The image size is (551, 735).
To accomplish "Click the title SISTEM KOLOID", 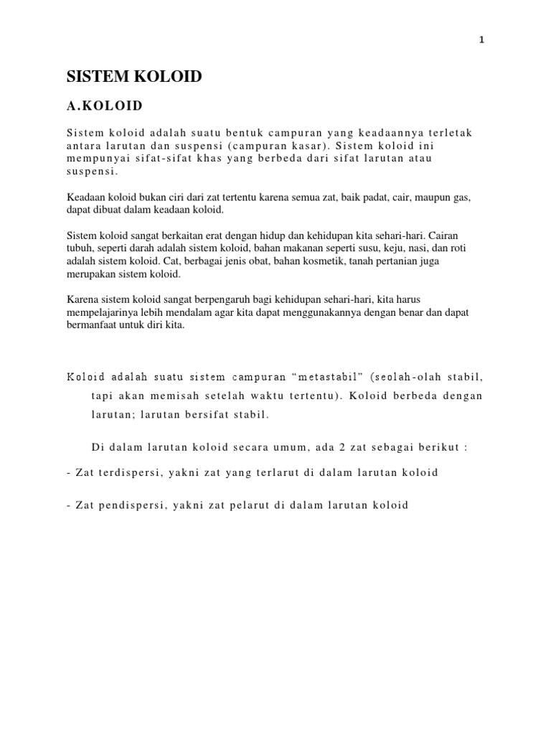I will coord(133,78).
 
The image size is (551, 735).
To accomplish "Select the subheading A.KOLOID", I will coord(105,106).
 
